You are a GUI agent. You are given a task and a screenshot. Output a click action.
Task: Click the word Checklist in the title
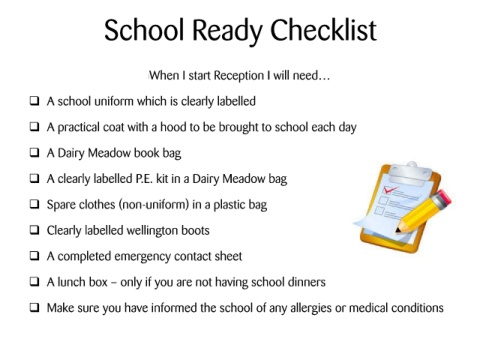point(323,30)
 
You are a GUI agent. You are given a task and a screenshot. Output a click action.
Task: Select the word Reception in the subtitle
point(239,76)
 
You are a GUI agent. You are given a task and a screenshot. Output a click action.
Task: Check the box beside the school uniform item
point(34,101)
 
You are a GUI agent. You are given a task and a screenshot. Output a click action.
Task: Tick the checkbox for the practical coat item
point(34,126)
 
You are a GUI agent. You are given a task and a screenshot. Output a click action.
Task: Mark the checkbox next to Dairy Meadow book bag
point(34,152)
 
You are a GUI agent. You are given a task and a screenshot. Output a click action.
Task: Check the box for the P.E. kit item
point(34,178)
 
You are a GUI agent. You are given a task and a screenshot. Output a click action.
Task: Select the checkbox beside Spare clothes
point(34,204)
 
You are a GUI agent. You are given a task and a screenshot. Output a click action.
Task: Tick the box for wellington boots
point(34,230)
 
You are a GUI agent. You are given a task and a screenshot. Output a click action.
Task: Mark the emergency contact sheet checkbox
point(34,255)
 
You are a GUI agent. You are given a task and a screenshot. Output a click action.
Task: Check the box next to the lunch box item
point(34,281)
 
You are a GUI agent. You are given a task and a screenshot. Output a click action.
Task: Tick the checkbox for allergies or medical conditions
point(34,307)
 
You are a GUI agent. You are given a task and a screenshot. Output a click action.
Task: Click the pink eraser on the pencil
point(443,198)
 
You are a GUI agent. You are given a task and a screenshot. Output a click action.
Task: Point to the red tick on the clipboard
point(390,190)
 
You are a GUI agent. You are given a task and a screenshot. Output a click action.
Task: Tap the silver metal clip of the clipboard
point(411,173)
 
